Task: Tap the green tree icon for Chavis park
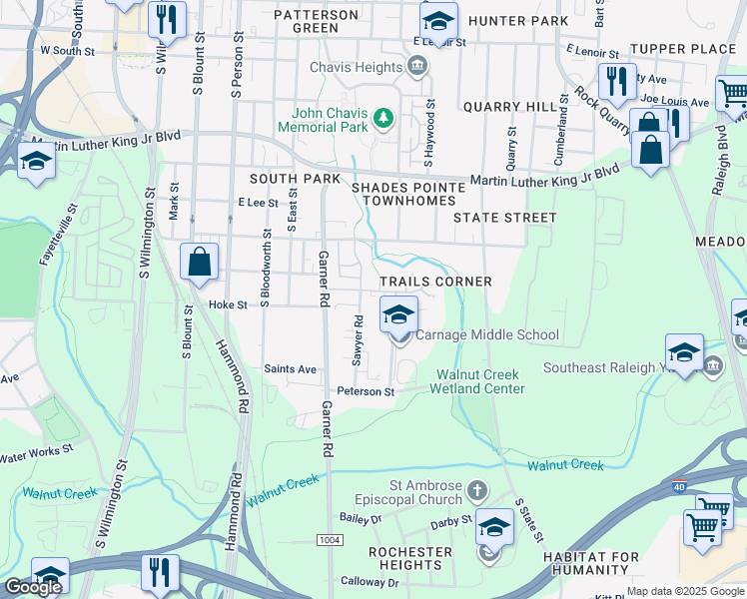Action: [x=382, y=120]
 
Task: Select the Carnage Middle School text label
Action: [x=486, y=335]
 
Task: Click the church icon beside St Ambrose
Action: [x=477, y=491]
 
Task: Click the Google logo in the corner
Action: [x=33, y=587]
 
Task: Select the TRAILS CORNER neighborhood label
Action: [x=435, y=282]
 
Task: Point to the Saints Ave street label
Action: [x=290, y=369]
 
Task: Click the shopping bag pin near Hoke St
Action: [x=200, y=262]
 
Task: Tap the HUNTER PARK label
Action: [x=517, y=20]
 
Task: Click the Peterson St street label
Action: [x=366, y=391]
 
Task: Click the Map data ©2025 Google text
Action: [x=685, y=591]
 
